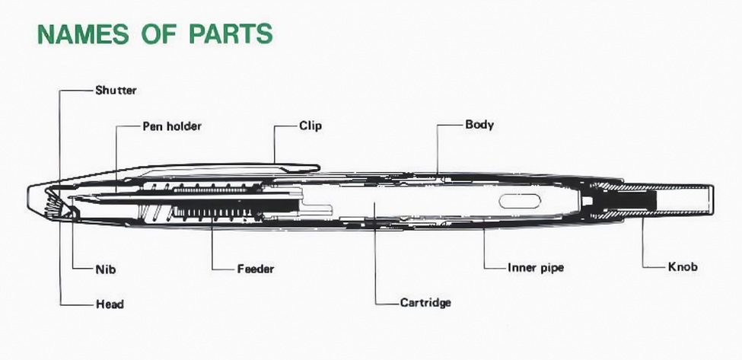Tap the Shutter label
[x=116, y=90]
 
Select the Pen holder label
[x=172, y=126]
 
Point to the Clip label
[x=310, y=126]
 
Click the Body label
[x=479, y=124]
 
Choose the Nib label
[x=106, y=269]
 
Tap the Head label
[x=110, y=304]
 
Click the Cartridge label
[x=425, y=302]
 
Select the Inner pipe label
[x=536, y=267]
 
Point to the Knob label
[x=683, y=266]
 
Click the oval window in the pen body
[x=521, y=201]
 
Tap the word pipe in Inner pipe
[x=550, y=268]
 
